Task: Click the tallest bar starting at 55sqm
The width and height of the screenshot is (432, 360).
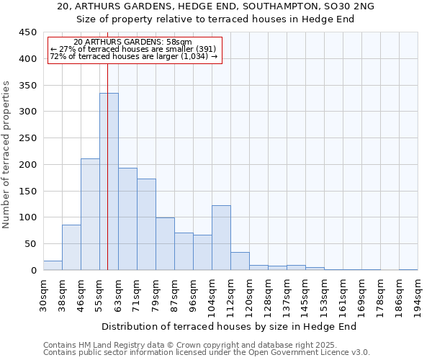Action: tap(109, 181)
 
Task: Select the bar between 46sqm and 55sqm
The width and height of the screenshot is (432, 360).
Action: tap(90, 215)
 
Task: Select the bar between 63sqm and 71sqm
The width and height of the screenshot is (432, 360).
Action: tap(127, 219)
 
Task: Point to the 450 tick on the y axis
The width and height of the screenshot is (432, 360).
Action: tap(27, 32)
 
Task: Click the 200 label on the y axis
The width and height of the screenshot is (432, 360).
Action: tap(27, 165)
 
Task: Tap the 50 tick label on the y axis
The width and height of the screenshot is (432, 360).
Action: tap(30, 244)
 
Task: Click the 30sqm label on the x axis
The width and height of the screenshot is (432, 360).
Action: tap(43, 296)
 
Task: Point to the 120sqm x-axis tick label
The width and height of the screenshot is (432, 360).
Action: tap(249, 296)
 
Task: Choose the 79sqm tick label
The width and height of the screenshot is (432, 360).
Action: tap(156, 296)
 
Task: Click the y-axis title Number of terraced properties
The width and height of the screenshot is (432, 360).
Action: tap(6, 155)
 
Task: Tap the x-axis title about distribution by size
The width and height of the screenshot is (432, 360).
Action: tap(229, 327)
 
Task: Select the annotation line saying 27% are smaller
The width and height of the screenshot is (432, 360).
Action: tap(133, 49)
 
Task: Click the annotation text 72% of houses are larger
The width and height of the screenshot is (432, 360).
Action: tap(133, 56)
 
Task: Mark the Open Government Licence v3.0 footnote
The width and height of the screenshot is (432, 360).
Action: tap(206, 353)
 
